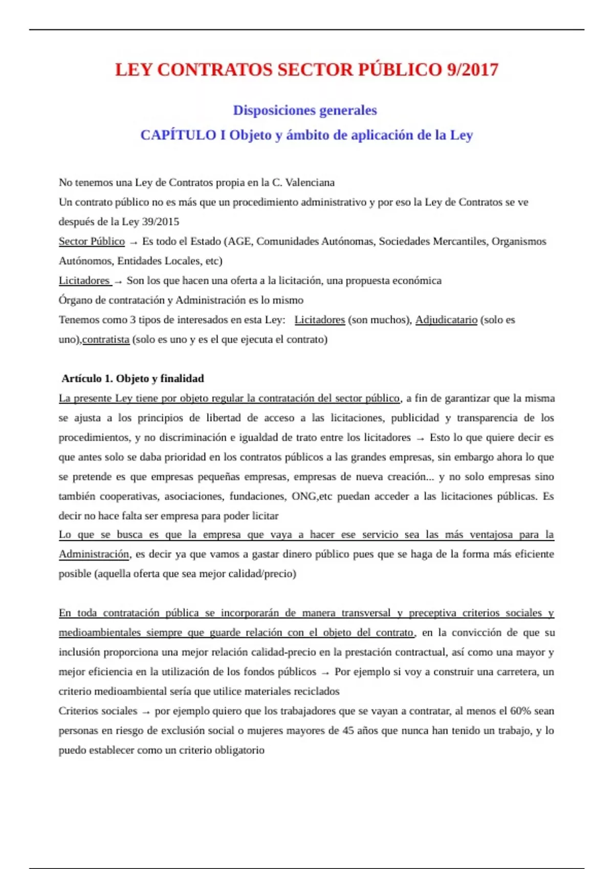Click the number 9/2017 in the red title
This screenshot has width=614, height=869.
pos(472,70)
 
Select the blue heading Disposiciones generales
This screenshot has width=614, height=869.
pos(305,110)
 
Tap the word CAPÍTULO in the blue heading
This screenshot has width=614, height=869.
pos(178,135)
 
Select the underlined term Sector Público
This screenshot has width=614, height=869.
pos(92,241)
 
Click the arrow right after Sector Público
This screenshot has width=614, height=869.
pos(134,242)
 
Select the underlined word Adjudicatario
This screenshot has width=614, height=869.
pos(446,320)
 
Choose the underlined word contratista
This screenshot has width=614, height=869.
pos(106,339)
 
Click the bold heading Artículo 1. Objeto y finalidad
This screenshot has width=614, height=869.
pos(133,379)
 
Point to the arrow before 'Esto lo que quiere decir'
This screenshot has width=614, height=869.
pos(421,438)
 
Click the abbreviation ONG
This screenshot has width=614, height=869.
pos(304,496)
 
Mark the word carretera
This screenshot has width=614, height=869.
pos(513,672)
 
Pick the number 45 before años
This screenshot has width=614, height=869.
pos(348,730)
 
